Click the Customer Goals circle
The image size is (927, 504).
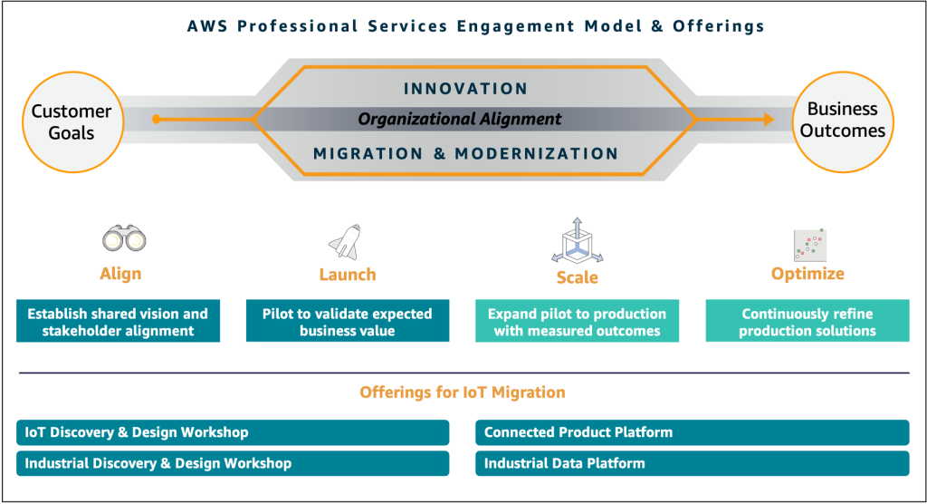pyautogui.click(x=72, y=121)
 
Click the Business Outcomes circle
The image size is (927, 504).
pyautogui.click(x=843, y=121)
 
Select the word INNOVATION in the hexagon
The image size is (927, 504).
pyautogui.click(x=465, y=89)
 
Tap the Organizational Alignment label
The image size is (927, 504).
pyautogui.click(x=460, y=120)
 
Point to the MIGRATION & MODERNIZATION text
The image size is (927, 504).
pyautogui.click(x=465, y=154)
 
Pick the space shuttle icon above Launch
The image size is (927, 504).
pyautogui.click(x=345, y=241)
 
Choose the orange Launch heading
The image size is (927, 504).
pyautogui.click(x=348, y=275)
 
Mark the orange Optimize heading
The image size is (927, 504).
pyautogui.click(x=808, y=274)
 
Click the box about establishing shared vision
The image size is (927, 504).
pyautogui.click(x=118, y=322)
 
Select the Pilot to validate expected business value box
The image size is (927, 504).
pyautogui.click(x=348, y=322)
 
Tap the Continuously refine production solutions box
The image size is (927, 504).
pyautogui.click(x=808, y=322)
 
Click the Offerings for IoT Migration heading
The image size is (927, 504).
pyautogui.click(x=463, y=393)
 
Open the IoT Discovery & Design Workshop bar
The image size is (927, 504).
pyautogui.click(x=233, y=432)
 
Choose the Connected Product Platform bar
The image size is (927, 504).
pyautogui.click(x=692, y=432)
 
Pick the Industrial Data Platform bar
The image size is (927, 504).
pyautogui.click(x=692, y=463)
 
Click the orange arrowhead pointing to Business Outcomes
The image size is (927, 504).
pyautogui.click(x=767, y=119)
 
